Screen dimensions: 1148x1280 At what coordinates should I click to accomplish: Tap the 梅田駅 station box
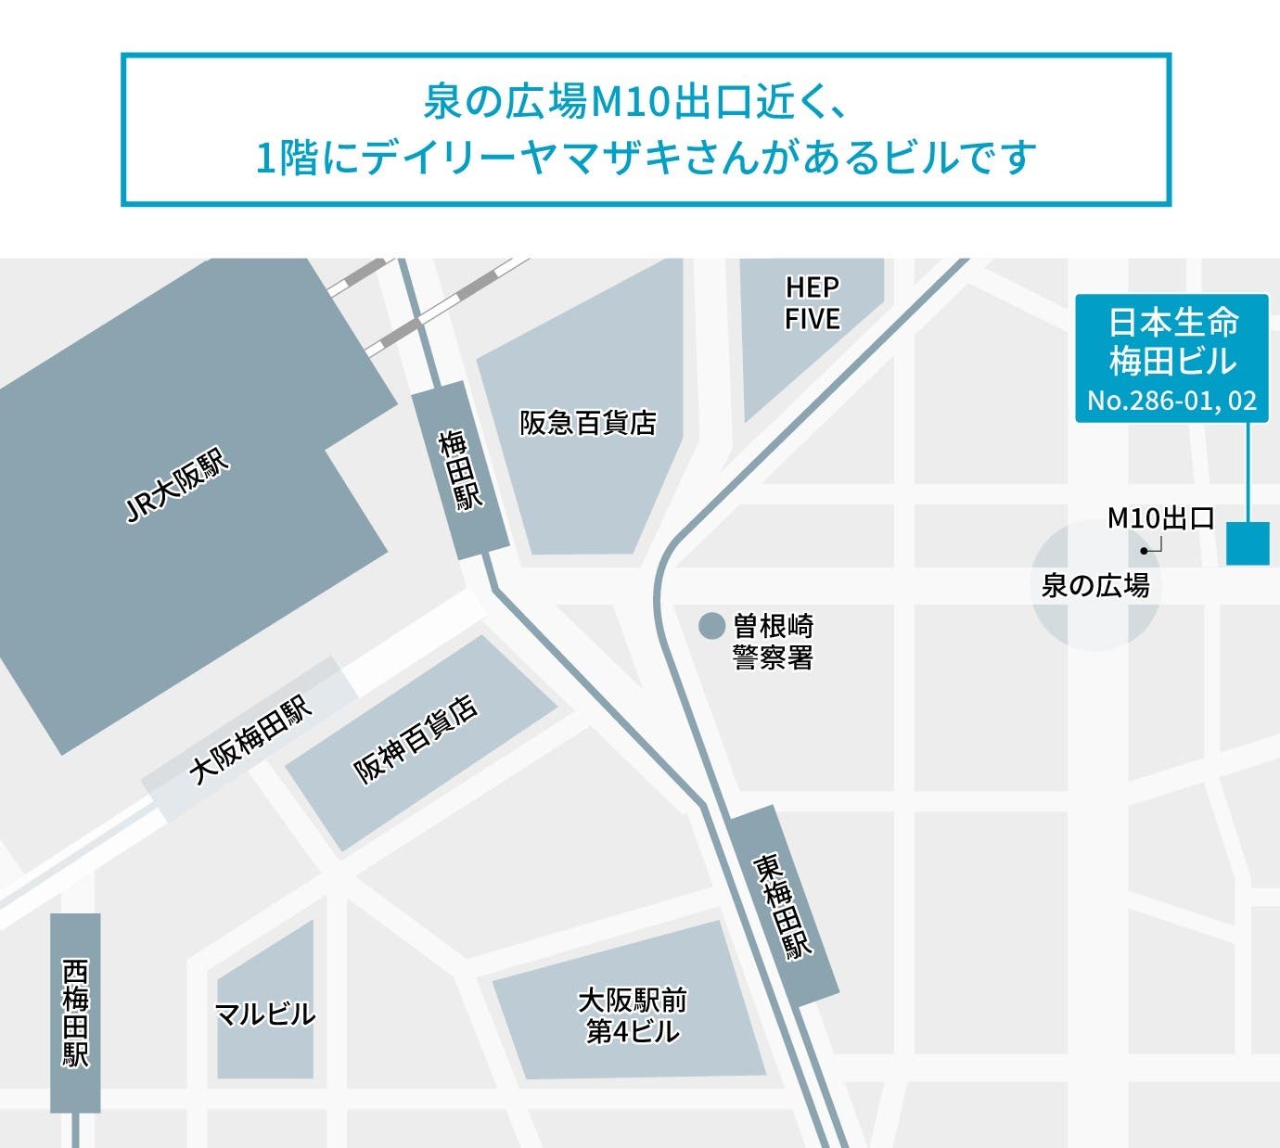[x=461, y=469]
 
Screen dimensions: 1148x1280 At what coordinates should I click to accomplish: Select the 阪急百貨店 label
[x=588, y=424]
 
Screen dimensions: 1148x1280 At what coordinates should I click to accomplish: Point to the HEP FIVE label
[x=812, y=302]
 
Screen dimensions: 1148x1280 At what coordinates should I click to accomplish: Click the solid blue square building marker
[x=1248, y=543]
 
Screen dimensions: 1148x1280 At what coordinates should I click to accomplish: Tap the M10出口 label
[x=1160, y=518]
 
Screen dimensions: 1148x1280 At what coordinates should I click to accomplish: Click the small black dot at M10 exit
[x=1145, y=551]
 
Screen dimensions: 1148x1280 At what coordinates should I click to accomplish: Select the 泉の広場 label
[x=1095, y=586]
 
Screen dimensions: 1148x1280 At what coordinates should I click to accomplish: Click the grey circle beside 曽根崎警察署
[x=710, y=626]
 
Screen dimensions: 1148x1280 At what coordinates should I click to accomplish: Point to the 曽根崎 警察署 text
[x=773, y=642]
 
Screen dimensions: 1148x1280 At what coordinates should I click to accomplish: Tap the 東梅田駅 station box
[x=784, y=905]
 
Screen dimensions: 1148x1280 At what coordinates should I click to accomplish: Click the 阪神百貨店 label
[x=416, y=739]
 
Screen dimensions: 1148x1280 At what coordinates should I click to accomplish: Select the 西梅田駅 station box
[x=75, y=1013]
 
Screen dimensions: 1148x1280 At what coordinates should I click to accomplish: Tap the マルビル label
[x=264, y=1014]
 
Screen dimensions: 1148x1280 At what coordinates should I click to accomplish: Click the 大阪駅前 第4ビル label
[x=633, y=1016]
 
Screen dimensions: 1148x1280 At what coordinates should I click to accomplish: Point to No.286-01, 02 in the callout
[x=1171, y=401]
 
